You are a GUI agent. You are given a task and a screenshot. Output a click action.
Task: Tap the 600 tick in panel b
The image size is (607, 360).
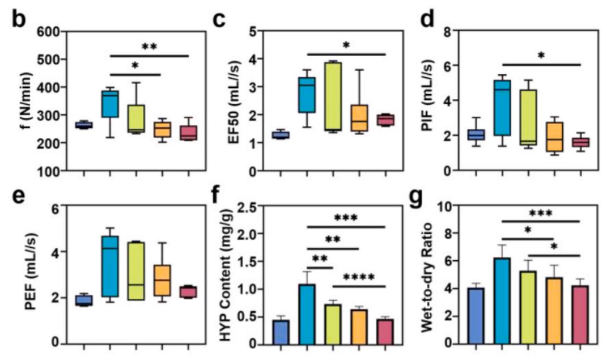[50, 32]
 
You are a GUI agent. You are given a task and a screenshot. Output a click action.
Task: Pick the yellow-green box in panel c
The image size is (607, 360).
[332, 96]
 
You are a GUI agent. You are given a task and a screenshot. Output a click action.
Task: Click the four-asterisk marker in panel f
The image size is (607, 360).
[358, 277]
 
